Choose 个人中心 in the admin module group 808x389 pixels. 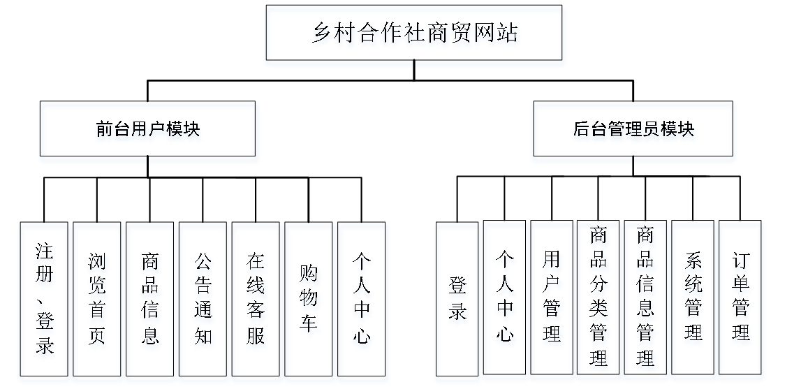505,302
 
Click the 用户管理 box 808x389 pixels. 552,302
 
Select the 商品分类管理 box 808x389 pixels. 599,302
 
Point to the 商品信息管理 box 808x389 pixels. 647,302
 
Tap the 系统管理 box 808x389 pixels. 694,302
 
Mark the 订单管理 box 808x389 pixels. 741,302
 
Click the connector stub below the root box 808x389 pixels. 415,65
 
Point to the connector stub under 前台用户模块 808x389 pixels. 148,161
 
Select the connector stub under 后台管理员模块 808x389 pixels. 633,161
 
